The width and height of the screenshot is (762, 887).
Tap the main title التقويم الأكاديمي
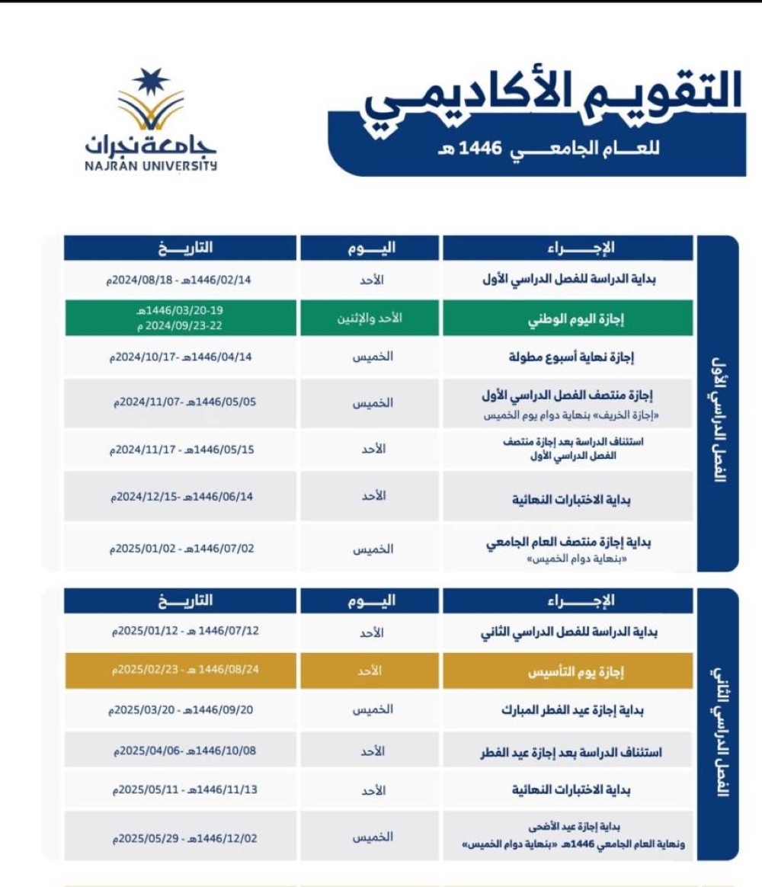tap(552, 101)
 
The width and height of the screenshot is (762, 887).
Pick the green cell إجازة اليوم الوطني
tap(568, 319)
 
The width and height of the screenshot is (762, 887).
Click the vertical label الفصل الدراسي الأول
tap(717, 424)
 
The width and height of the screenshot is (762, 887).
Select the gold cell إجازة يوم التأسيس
tap(568, 673)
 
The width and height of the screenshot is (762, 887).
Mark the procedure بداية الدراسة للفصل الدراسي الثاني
tap(568, 632)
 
